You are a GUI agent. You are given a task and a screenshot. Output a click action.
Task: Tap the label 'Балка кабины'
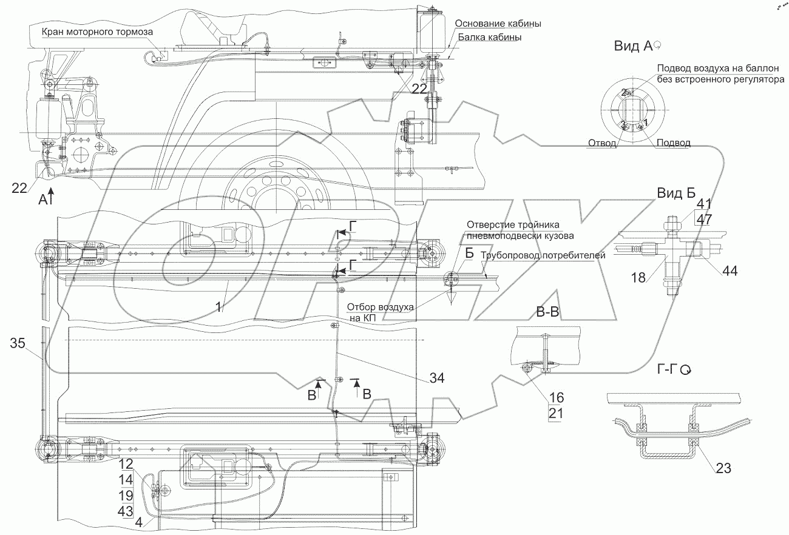click(490, 37)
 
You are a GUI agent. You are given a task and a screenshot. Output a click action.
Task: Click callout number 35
click(19, 344)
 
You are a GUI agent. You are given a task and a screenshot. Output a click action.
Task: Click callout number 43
click(126, 511)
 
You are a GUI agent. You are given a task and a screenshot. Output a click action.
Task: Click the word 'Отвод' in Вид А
click(602, 144)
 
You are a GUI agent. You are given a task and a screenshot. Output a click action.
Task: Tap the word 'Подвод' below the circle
click(674, 143)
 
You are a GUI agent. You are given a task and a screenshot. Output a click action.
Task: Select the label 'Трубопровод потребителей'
click(543, 255)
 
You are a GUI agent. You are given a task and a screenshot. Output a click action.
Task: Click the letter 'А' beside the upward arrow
click(42, 198)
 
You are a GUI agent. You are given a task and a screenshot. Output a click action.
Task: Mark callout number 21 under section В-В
click(557, 414)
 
